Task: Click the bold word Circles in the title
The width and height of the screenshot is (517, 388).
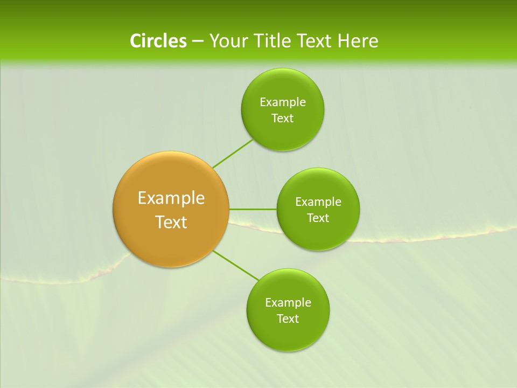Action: [158, 41]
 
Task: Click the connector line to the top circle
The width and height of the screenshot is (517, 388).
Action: [233, 153]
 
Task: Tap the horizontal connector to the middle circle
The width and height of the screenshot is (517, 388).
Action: [253, 209]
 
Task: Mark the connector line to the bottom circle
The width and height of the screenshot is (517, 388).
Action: [236, 266]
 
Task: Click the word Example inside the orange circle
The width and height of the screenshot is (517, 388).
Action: [171, 198]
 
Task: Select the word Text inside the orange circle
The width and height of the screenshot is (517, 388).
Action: [171, 222]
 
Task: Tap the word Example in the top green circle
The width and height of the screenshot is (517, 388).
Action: [282, 102]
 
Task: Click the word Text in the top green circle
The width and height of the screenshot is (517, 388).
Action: [282, 119]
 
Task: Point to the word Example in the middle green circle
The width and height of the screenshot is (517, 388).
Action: [318, 202]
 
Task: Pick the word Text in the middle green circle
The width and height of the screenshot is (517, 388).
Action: [318, 218]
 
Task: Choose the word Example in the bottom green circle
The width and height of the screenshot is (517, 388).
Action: [288, 303]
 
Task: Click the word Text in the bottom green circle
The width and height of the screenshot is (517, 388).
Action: [288, 319]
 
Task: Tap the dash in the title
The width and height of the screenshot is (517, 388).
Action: [197, 41]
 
